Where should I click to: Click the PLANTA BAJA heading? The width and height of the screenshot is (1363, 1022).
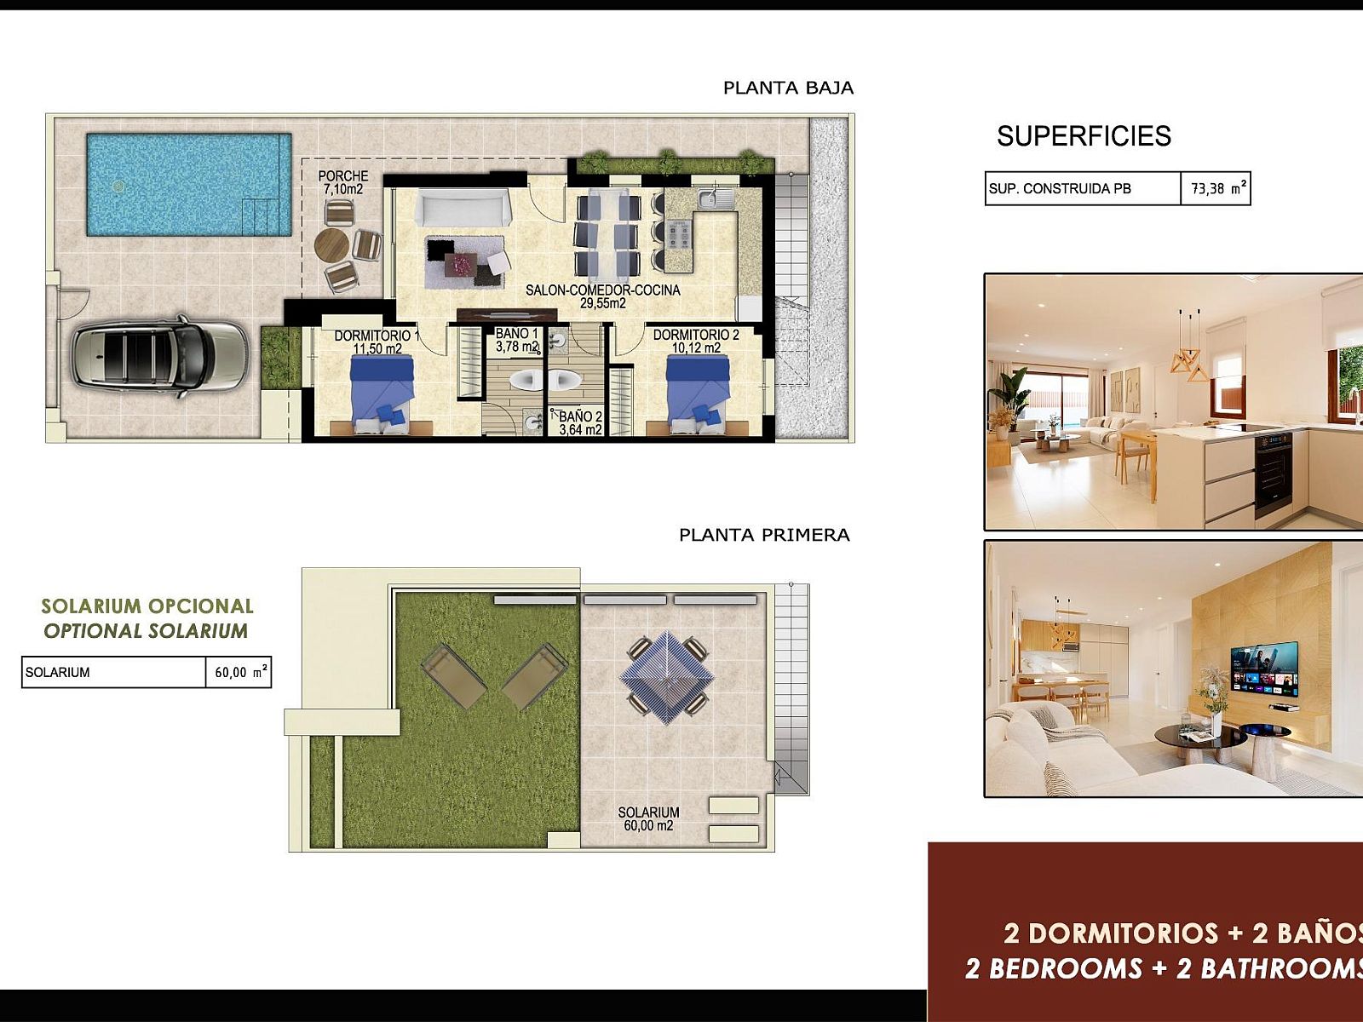[x=788, y=88]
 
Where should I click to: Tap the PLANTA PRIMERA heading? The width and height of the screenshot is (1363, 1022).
[x=764, y=535]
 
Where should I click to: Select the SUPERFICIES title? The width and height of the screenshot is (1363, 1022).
[x=1084, y=136]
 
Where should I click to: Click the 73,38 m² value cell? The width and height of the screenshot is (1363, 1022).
[x=1216, y=188]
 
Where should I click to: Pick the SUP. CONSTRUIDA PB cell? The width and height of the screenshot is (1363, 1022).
[x=1083, y=188]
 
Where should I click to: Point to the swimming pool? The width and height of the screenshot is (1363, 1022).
[x=189, y=184]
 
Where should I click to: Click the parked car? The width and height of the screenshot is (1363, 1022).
[x=159, y=356]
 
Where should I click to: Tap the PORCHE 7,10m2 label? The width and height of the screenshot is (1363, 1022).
[x=342, y=182]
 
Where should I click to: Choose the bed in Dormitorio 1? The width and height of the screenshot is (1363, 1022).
[x=382, y=392]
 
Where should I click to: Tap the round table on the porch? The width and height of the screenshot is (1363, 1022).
[x=331, y=246]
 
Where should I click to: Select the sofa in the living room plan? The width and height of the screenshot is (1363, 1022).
[x=463, y=208]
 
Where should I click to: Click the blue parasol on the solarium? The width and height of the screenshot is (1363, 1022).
[x=666, y=678]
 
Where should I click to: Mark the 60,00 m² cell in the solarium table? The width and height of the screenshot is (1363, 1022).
[x=239, y=672]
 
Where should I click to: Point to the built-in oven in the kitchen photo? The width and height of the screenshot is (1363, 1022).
[x=1273, y=474]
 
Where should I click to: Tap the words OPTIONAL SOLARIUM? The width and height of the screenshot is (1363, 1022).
[x=146, y=631]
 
